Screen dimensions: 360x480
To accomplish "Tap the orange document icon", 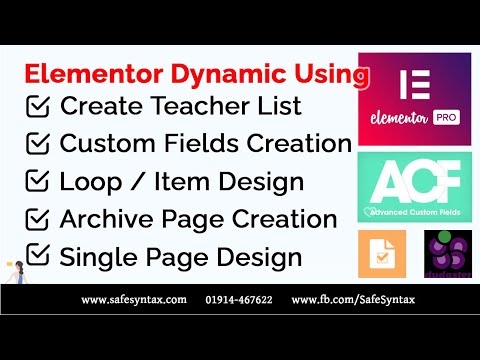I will (x=382, y=254).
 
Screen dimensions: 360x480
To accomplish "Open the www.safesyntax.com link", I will (x=133, y=298).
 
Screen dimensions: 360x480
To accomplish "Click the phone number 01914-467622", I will (x=239, y=298).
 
